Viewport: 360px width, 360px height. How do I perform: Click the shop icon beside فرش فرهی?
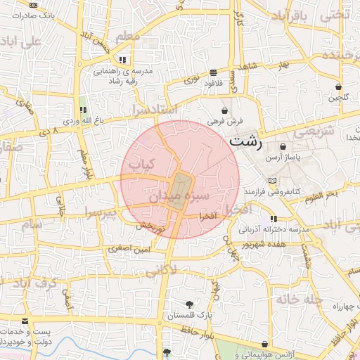[x=224, y=110]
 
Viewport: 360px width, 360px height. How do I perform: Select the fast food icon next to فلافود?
[x=213, y=72]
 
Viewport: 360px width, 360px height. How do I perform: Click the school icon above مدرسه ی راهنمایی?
[x=124, y=60]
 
